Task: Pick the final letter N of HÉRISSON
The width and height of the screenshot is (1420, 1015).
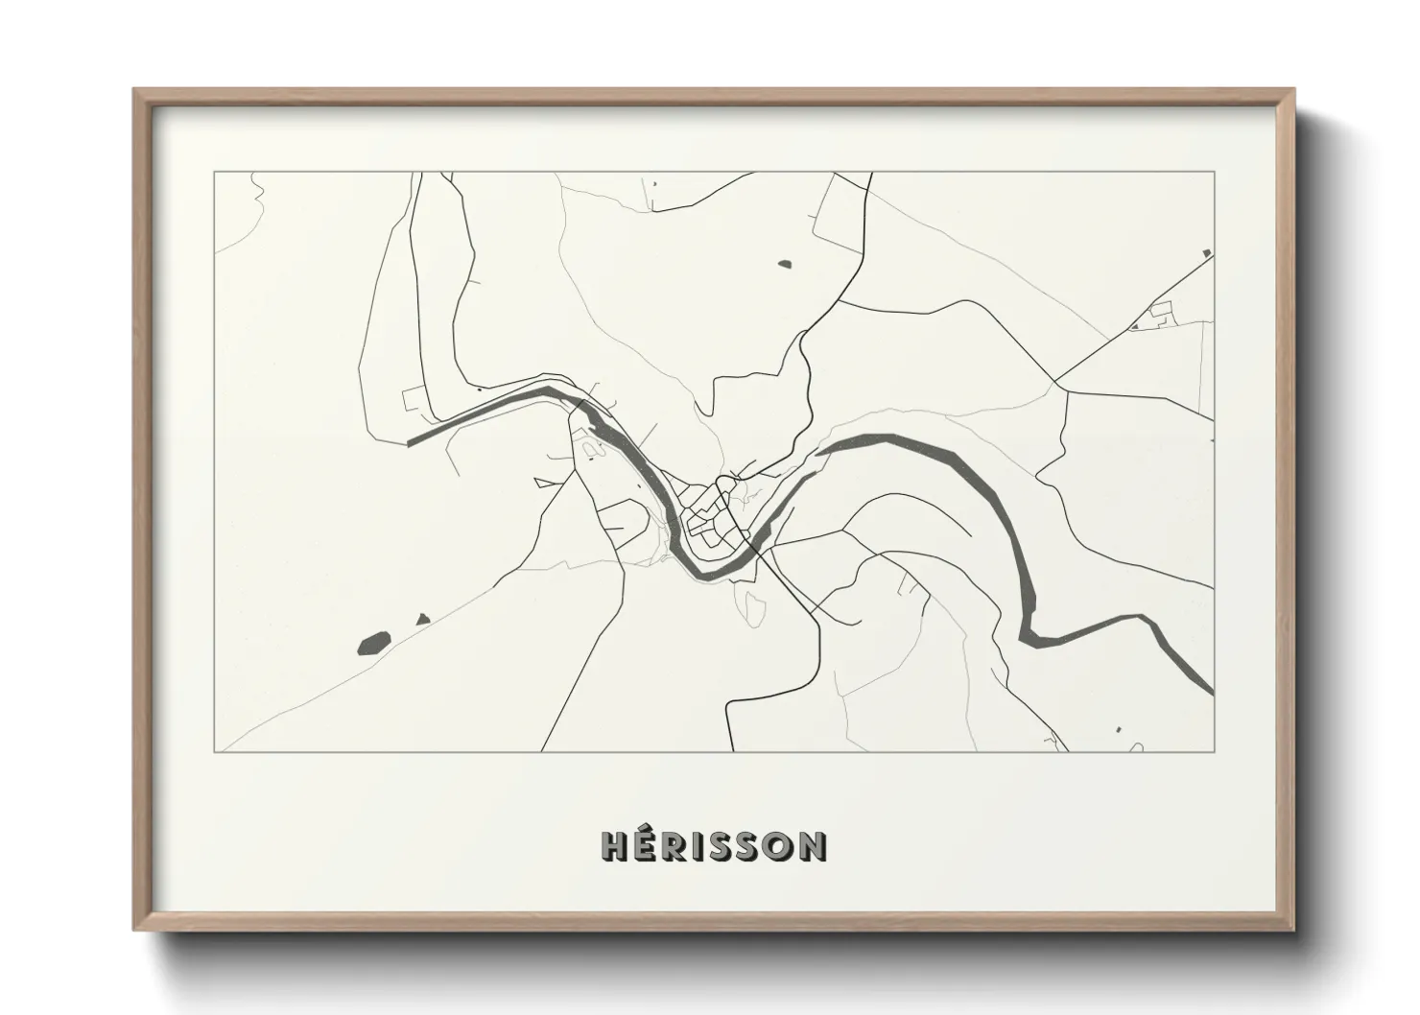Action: point(812,845)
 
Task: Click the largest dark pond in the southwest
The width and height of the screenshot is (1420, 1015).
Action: point(373,642)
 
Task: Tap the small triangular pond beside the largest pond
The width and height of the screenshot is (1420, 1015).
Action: point(422,620)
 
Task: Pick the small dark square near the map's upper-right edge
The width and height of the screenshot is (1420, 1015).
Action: point(1207,253)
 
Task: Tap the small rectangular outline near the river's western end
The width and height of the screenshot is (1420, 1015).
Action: point(414,397)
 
